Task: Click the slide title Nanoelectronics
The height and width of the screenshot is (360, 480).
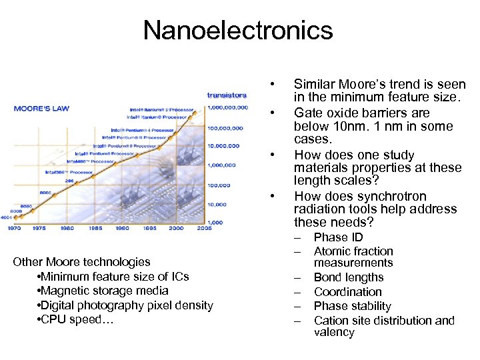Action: click(x=238, y=30)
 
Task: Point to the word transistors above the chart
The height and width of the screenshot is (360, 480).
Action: click(x=227, y=95)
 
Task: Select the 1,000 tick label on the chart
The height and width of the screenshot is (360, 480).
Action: click(x=215, y=222)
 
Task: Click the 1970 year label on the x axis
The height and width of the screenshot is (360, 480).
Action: click(x=14, y=228)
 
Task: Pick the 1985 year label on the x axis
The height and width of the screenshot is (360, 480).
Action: click(x=95, y=228)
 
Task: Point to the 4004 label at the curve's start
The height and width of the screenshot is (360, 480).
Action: click(x=6, y=217)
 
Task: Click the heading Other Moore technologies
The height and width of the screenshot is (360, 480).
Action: click(x=81, y=262)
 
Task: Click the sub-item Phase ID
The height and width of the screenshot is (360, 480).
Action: click(x=338, y=237)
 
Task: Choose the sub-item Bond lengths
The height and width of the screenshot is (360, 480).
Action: click(x=349, y=277)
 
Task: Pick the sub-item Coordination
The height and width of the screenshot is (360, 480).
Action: click(x=348, y=292)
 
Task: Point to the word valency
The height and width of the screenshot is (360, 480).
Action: click(x=334, y=332)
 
